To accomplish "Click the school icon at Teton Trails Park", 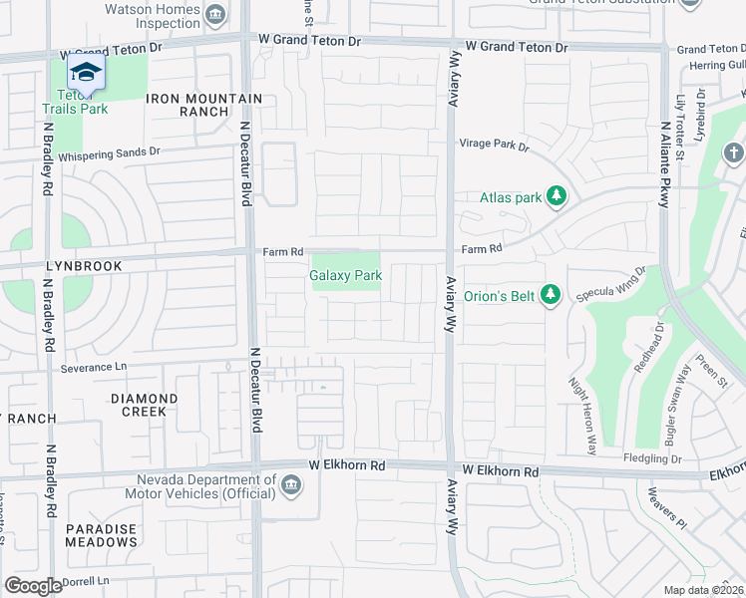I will pos(86,73).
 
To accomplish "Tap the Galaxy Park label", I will pos(346,275).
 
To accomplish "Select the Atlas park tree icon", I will pos(558,197).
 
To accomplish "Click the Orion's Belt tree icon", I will pos(549,294).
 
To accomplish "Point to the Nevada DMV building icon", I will pos(290,485).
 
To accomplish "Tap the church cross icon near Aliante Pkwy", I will pos(733,153).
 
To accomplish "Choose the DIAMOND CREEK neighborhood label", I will pos(144,405).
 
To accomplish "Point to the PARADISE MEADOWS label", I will pos(102,535).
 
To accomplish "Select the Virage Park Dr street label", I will pos(494,145).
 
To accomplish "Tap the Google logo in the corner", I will pos(33,586).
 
